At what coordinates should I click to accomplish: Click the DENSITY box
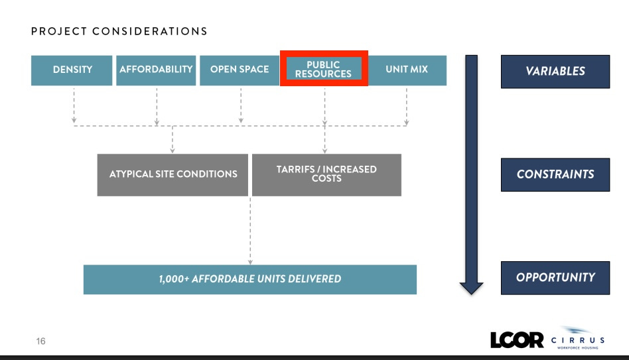coord(72,70)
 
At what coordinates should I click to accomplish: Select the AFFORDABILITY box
coord(156,70)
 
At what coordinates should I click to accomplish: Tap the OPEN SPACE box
coord(239,70)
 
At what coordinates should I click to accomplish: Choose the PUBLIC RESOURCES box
coord(323,70)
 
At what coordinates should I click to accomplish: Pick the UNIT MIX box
coord(407,70)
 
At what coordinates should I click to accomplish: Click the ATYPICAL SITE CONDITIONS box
coord(173,174)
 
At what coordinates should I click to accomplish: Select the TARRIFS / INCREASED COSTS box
coord(326,174)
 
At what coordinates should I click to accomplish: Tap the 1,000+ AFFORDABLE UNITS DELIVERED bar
coord(249,279)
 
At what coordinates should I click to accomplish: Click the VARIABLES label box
coord(555,72)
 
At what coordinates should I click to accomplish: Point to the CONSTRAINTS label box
coord(555,174)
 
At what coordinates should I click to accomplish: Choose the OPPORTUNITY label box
coord(555,278)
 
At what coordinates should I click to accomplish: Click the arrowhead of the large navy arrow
coord(471,286)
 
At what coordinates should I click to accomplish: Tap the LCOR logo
coord(517,340)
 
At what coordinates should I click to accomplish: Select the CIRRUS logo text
coord(577,340)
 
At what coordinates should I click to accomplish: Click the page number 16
coord(41,341)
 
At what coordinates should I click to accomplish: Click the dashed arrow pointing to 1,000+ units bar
coord(250,232)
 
